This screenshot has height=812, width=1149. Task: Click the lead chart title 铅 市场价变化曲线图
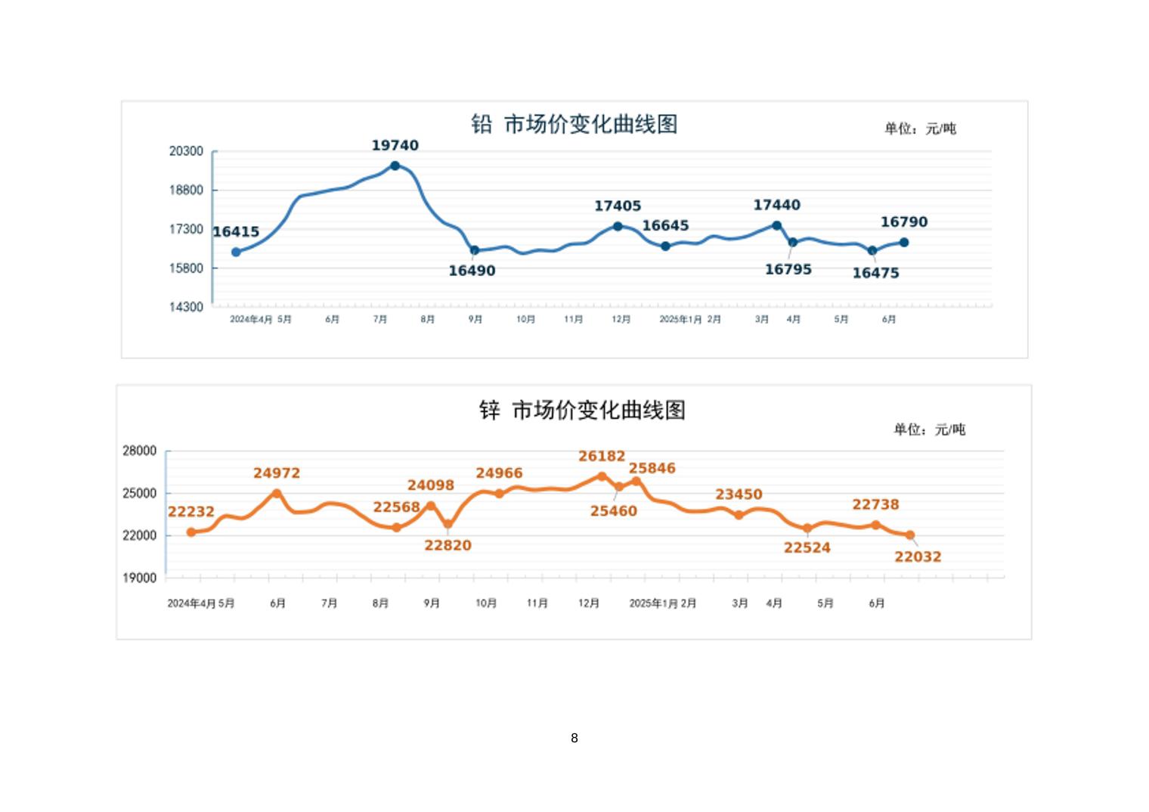point(574,124)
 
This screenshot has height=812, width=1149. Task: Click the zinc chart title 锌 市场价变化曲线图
point(582,411)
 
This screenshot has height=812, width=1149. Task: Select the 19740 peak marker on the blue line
point(395,166)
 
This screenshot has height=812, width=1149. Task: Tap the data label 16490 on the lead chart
point(472,271)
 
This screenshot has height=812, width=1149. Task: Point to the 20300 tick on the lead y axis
point(186,151)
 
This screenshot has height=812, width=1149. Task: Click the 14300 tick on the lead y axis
point(186,307)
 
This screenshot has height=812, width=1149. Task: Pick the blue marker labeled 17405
point(618,226)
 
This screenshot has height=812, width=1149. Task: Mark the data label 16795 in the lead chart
point(788,269)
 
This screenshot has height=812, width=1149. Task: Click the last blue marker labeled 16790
point(903,243)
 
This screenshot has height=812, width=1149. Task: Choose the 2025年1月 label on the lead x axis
point(680,320)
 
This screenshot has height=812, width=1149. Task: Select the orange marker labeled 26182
point(602,476)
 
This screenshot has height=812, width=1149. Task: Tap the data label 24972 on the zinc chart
point(277,473)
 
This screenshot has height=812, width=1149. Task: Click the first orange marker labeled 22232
point(191,532)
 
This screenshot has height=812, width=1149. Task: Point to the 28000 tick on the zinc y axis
point(139,451)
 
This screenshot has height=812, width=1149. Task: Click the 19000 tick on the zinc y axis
point(139,578)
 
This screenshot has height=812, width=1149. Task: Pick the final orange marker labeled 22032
point(910,535)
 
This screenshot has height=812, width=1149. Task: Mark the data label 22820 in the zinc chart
point(448,545)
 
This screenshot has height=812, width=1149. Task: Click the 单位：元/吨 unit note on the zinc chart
point(929,429)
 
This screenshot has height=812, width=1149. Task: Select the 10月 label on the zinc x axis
point(486,603)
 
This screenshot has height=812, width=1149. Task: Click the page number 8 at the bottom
point(574,738)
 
